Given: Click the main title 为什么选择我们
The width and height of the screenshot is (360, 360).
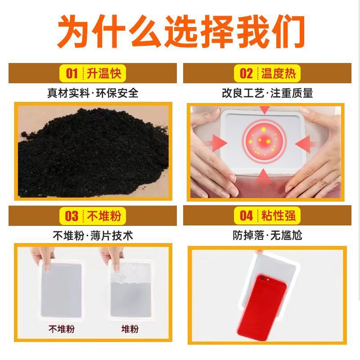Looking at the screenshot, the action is (x=181, y=31).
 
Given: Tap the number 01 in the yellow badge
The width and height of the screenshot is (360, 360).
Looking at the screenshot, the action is (x=72, y=73).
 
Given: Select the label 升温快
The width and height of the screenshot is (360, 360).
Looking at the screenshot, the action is (x=104, y=73).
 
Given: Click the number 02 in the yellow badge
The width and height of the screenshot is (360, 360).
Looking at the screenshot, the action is (x=246, y=73).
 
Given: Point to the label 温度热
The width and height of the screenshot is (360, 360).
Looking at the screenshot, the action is (x=278, y=73).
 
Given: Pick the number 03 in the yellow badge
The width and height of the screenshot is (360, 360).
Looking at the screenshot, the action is (x=72, y=216).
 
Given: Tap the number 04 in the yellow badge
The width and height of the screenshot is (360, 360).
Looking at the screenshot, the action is (x=246, y=216).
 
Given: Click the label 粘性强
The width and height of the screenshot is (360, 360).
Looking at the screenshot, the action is (x=278, y=216).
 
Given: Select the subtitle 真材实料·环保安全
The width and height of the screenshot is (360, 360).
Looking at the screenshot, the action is (x=93, y=93).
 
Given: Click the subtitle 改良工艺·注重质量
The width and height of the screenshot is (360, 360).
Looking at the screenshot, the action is (x=267, y=93).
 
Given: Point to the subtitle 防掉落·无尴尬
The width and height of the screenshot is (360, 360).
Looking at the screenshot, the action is (x=267, y=235).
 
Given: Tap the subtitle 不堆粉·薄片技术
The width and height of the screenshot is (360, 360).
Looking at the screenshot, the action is (x=93, y=236).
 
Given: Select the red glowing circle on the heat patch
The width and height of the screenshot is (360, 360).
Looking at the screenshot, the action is (x=264, y=141).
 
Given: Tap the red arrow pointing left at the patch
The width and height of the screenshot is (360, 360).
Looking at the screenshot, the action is (x=306, y=144).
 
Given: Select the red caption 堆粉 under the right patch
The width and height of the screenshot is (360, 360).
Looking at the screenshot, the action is (x=130, y=329).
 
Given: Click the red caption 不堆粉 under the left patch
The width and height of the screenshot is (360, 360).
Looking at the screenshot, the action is (x=62, y=329).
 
